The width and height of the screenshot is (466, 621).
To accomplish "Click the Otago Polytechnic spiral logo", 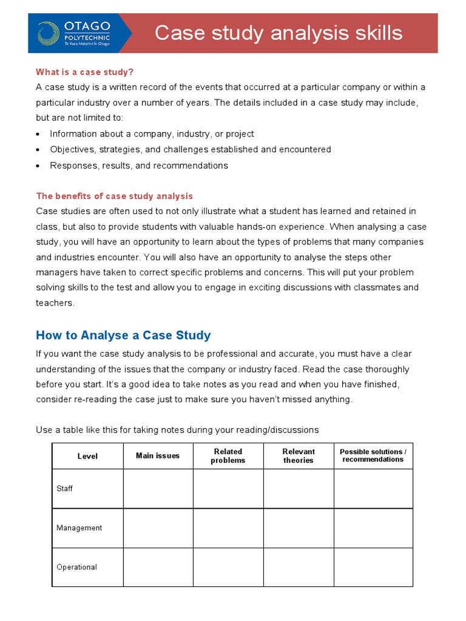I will (x=48, y=33).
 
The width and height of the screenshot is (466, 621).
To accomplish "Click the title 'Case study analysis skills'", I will (x=279, y=33).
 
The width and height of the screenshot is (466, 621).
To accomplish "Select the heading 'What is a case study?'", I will (x=84, y=72).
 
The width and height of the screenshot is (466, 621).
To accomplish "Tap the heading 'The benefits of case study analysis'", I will (x=114, y=196).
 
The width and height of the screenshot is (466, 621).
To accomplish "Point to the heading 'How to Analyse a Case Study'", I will (x=123, y=335).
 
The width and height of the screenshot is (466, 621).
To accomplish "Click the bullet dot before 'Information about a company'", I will (x=39, y=134).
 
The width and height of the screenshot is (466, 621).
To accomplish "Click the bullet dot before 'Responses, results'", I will (x=39, y=166).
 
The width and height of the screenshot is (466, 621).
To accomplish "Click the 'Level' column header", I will (x=87, y=456).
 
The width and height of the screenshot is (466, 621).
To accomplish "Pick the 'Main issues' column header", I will (x=158, y=455).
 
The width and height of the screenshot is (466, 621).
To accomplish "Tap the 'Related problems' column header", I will (x=228, y=456).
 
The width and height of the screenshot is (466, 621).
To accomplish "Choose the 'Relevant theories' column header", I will (x=299, y=456).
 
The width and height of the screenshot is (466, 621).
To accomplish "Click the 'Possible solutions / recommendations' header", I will (x=373, y=455).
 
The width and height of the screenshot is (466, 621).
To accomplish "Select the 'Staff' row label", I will (x=64, y=488).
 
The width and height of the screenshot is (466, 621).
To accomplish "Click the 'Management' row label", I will (x=79, y=528).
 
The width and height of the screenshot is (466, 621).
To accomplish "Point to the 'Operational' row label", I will (x=76, y=567).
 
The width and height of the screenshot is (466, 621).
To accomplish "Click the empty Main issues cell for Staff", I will (x=158, y=488).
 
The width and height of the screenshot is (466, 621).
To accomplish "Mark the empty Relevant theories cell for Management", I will (x=299, y=528).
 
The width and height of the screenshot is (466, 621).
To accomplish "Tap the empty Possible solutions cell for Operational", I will (x=373, y=567).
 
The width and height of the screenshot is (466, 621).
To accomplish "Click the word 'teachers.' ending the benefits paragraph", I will (x=55, y=303).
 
